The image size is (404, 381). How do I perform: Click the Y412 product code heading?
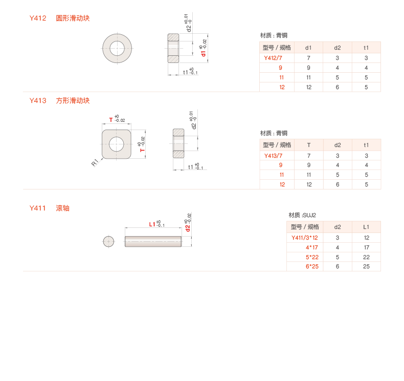click(38, 18)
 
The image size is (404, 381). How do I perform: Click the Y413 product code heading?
click(38, 101)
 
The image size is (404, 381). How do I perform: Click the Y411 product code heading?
click(38, 208)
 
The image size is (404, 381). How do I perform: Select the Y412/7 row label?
click(273, 58)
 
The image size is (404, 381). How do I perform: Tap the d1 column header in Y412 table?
click(308, 48)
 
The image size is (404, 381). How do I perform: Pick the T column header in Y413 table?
click(308, 145)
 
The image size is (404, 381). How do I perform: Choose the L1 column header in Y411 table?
click(366, 227)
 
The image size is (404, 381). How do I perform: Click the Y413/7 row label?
click(273, 156)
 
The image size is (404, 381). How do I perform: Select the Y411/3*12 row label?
click(304, 238)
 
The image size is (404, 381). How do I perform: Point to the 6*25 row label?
click(312, 266)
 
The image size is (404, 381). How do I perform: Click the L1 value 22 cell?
click(366, 257)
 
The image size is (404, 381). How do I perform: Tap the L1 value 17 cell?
click(366, 247)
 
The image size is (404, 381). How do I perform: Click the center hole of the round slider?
click(117, 48)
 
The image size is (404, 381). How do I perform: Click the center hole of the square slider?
click(117, 144)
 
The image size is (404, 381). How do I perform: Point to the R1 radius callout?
click(95, 163)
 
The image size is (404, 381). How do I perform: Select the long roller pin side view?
click(153, 241)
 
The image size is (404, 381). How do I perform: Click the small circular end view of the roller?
click(108, 241)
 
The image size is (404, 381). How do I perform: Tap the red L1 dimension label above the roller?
click(152, 224)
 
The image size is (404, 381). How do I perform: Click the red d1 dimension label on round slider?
click(204, 54)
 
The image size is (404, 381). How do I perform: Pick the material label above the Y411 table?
click(302, 216)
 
